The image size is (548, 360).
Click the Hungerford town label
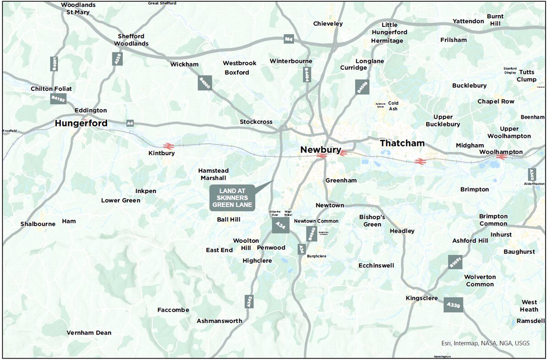[x=81, y=123]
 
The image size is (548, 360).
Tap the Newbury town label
[x=320, y=150]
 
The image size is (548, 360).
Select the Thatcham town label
[x=402, y=143]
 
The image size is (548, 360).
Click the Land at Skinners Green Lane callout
[x=232, y=198]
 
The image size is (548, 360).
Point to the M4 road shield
[x=288, y=39]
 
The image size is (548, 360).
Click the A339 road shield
[x=453, y=304]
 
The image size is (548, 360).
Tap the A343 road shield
[x=249, y=301]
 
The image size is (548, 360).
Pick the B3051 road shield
[x=455, y=261]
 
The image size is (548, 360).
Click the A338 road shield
[x=117, y=58]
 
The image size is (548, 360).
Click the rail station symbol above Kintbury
[x=168, y=146]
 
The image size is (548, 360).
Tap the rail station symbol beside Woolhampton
[x=501, y=157]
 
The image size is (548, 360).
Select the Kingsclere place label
[x=422, y=298]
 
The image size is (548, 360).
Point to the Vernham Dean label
[x=89, y=333]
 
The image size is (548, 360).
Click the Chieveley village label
[x=328, y=24]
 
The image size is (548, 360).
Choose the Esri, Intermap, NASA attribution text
[x=485, y=343]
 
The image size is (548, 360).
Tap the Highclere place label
[x=257, y=261]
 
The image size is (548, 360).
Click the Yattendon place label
[x=468, y=21]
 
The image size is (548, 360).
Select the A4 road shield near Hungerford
[x=130, y=123]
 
